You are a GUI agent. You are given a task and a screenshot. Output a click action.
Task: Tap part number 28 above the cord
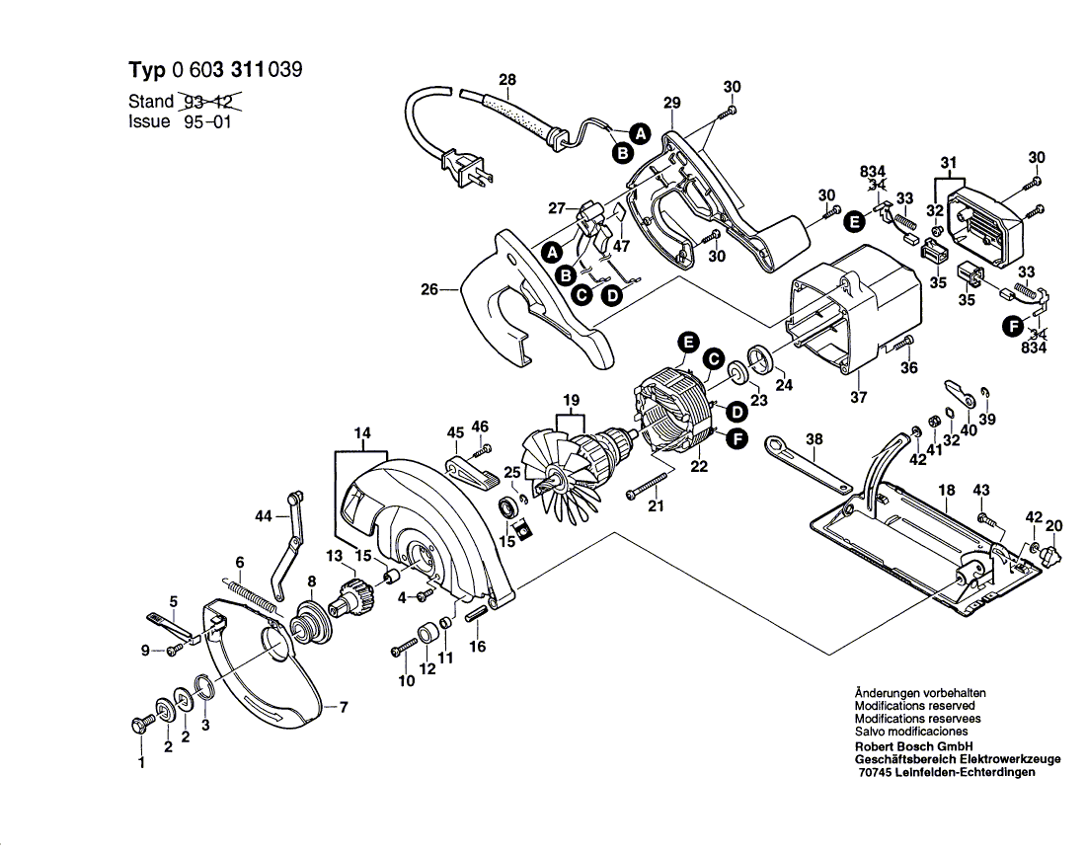coord(507,80)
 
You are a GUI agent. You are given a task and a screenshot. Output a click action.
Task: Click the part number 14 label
coord(362,433)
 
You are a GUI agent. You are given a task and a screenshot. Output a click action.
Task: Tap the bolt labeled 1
coord(138,725)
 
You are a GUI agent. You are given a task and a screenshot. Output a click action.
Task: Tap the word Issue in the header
coord(149,121)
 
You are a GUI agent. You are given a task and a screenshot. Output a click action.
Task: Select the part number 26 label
coord(430,289)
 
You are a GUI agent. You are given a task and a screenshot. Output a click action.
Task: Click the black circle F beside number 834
coord(1013,326)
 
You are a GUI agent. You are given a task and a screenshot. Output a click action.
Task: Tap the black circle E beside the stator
coord(688,342)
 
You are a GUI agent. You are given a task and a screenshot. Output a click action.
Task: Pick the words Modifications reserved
coord(914,706)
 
